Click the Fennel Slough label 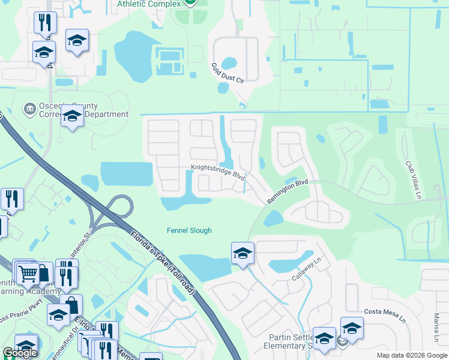coord(189,230)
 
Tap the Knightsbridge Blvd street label coord(218,172)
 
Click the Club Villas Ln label coord(414,180)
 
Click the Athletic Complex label coord(149,4)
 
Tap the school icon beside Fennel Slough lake coord(243,254)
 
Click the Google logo coord(20,353)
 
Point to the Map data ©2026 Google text coord(412,355)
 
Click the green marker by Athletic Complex coord(190,2)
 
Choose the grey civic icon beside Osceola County coord(29,109)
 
